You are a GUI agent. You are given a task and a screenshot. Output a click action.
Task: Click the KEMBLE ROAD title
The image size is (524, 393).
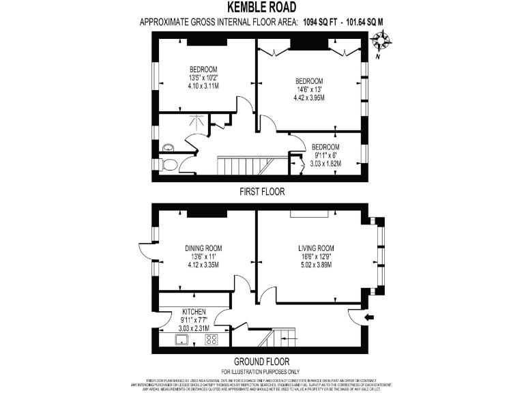(261, 8)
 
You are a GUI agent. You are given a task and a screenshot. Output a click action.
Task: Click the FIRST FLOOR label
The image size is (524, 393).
(261, 192)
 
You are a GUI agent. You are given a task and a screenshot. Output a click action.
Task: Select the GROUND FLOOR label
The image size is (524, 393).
(261, 362)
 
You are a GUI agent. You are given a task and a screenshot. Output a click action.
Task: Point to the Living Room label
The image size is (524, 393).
(315, 248)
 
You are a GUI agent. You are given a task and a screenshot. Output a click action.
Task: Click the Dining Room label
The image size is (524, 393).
(203, 248)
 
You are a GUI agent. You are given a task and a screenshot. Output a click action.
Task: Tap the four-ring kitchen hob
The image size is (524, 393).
(212, 339)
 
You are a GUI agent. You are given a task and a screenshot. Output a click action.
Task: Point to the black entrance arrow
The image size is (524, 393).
(369, 317)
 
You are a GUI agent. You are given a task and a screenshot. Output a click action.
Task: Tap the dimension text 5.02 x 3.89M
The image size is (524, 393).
(315, 265)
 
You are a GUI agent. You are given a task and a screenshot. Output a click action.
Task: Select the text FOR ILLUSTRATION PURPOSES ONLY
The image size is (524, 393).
(261, 371)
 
